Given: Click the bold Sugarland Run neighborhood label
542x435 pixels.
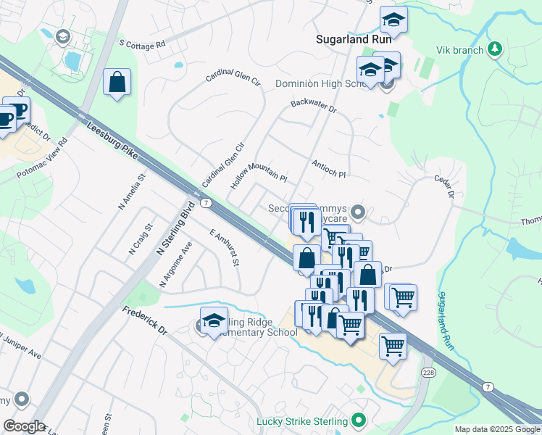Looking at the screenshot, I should [x=354, y=40].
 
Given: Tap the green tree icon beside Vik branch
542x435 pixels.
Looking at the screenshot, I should [x=494, y=49].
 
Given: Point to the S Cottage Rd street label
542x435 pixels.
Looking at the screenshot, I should [x=143, y=44].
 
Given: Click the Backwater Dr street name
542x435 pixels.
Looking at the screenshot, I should [x=314, y=105].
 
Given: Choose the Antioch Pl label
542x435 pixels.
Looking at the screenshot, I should [x=329, y=170].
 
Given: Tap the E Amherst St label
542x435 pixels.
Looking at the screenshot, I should [x=224, y=248].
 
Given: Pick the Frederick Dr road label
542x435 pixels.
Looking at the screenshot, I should [x=145, y=320].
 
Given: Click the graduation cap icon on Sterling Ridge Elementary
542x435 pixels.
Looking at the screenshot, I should [x=214, y=322].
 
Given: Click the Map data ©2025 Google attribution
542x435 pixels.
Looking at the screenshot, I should [x=496, y=429].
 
